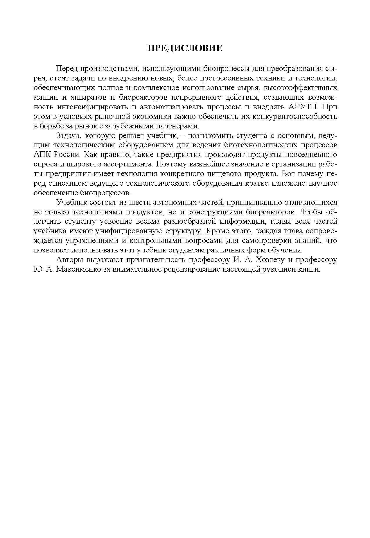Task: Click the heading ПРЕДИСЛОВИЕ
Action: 185,48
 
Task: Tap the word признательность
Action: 148,260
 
